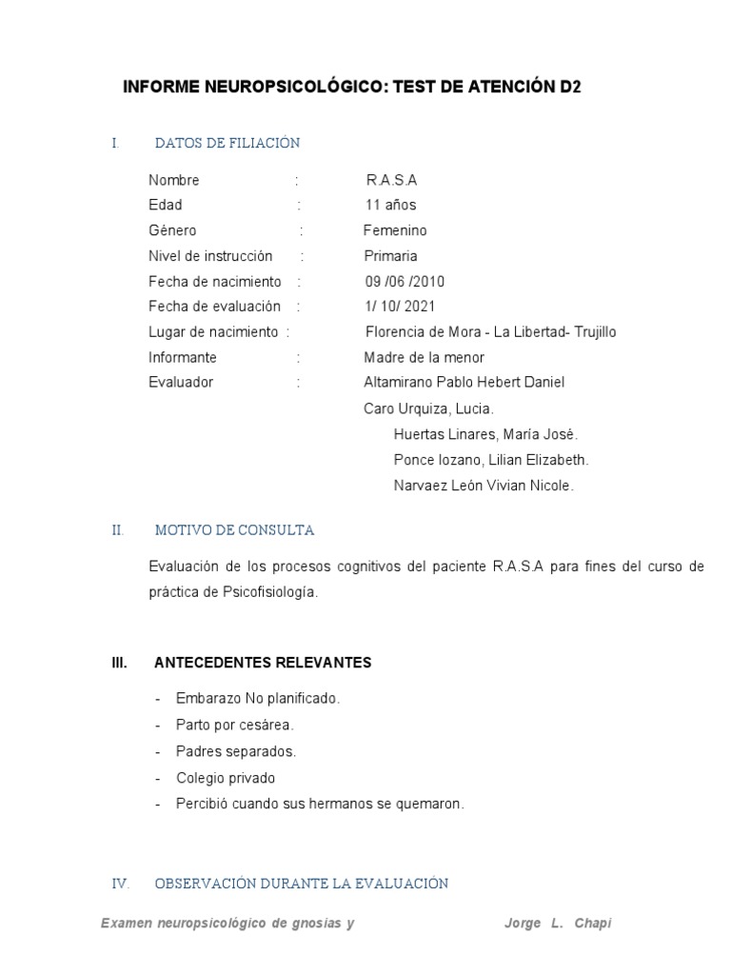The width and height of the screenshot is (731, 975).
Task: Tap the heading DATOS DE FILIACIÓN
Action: point(227,143)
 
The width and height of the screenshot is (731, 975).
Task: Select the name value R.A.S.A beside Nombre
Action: point(391,180)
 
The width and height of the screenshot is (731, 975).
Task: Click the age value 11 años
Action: point(390,205)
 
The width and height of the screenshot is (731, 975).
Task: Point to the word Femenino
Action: point(395,230)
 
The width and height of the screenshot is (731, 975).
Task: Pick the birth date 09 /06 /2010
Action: point(405,282)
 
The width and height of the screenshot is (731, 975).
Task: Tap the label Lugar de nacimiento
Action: point(213,332)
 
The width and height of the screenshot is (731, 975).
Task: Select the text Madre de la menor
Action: point(424,357)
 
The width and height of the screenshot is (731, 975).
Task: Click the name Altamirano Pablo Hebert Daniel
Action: point(464,382)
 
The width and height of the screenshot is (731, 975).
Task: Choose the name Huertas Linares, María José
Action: point(485,434)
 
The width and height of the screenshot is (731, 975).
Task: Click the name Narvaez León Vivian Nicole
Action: point(484,486)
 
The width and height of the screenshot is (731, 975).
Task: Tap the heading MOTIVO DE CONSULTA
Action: point(234,530)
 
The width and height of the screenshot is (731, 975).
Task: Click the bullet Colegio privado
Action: point(225,778)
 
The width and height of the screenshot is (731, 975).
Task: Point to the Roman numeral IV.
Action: point(120,884)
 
